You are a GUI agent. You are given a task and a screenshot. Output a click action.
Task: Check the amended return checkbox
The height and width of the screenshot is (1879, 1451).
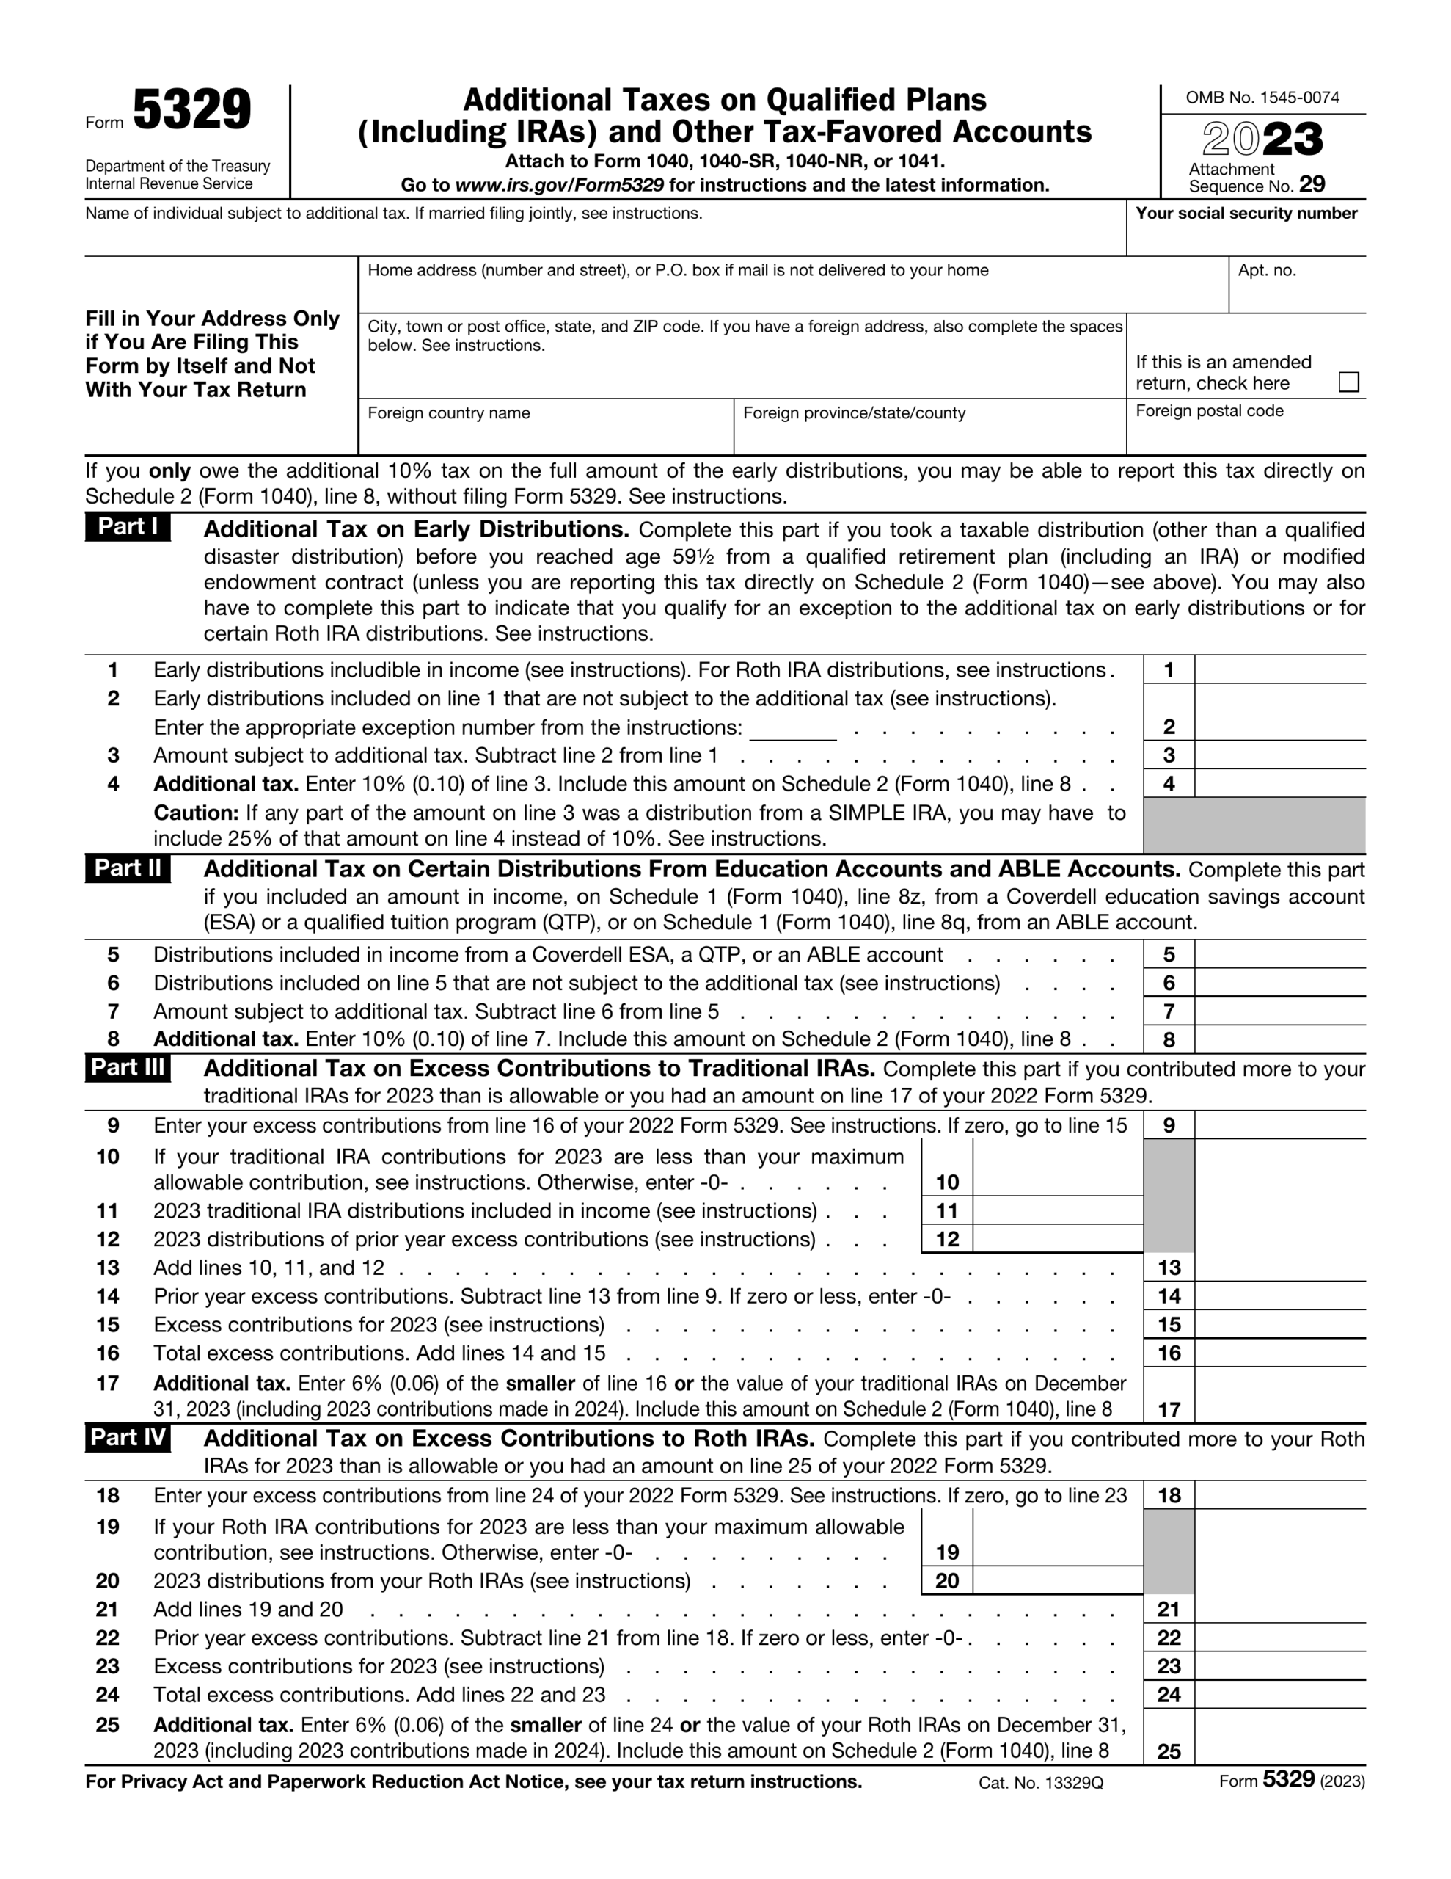pos(1348,382)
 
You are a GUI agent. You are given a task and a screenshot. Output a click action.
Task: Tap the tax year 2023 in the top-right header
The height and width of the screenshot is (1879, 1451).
pos(1262,139)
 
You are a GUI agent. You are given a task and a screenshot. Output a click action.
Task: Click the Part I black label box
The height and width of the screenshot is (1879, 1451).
pos(128,526)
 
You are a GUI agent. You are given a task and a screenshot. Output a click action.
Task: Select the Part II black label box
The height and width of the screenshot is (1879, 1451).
pos(128,868)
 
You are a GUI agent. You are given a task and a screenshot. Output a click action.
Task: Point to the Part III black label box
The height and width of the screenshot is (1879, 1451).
pos(128,1068)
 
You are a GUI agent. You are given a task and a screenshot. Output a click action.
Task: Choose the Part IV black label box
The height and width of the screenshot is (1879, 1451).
pos(128,1438)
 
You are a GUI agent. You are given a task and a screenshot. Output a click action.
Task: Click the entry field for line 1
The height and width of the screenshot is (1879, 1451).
pos(1279,669)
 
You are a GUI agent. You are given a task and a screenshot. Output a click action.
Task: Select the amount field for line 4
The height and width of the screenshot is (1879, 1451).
pos(1279,783)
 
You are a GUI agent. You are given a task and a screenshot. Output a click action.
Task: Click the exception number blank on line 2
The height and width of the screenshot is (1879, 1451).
pos(792,728)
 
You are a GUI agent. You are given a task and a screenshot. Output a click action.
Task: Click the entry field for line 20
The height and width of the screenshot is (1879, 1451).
pos(1057,1580)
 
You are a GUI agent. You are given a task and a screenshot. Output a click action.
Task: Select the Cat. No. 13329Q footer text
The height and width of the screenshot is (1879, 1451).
pos(1040,1784)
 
